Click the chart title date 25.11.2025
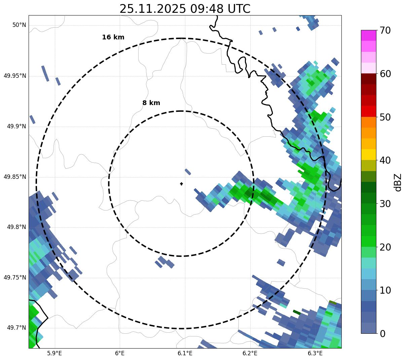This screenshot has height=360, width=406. [x=152, y=9]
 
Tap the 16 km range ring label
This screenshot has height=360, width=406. [x=113, y=37]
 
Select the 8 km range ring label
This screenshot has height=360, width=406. [x=151, y=103]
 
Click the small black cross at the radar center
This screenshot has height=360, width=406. [x=182, y=184]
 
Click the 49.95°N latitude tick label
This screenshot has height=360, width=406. [x=15, y=76]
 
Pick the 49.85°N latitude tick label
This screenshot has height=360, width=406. [x=15, y=177]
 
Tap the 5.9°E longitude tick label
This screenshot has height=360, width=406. [x=54, y=353]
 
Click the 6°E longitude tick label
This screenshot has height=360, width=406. [x=120, y=353]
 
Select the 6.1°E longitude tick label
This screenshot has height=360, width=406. [x=185, y=353]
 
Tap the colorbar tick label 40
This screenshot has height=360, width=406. [x=385, y=161]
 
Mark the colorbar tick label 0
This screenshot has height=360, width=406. [x=382, y=334]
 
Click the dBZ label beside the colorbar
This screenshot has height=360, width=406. [x=398, y=182]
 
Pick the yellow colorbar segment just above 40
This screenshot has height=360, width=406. [x=369, y=155]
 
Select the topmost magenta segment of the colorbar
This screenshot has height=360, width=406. [x=369, y=35]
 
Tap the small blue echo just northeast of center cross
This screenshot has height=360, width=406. [x=188, y=172]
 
